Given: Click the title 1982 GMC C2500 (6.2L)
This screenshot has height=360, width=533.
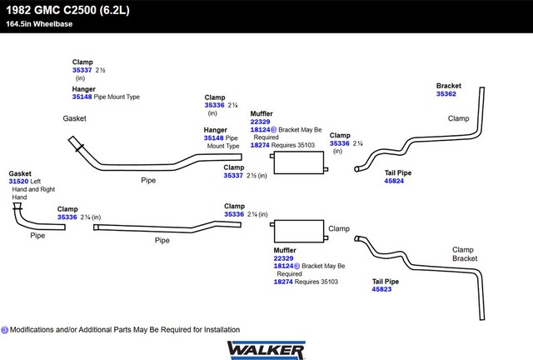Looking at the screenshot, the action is (x=67, y=10).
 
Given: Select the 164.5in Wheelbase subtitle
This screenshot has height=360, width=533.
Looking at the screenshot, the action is (x=39, y=24).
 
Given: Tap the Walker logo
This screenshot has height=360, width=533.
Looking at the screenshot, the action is (x=266, y=350).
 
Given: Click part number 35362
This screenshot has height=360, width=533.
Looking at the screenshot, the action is (x=446, y=94).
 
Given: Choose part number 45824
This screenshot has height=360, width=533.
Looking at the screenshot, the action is (x=394, y=181).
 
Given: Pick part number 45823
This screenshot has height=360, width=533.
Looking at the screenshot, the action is (x=381, y=289).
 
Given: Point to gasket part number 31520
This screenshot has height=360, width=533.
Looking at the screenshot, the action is (x=18, y=182).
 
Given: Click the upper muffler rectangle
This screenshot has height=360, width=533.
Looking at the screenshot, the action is (x=299, y=162).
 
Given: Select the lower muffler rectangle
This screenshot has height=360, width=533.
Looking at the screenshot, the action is (x=299, y=231).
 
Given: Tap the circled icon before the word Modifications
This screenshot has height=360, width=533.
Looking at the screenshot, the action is (x=5, y=330).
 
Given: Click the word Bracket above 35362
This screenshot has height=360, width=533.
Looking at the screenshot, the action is (x=449, y=86).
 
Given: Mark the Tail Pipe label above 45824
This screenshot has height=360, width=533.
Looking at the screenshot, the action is (x=398, y=172).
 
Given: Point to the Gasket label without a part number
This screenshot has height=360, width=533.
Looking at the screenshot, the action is (x=74, y=118).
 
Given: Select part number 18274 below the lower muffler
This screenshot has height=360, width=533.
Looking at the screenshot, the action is (x=283, y=282).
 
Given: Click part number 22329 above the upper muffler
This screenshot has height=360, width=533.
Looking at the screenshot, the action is (x=260, y=122).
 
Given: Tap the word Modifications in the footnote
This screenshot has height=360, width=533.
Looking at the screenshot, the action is (x=32, y=330).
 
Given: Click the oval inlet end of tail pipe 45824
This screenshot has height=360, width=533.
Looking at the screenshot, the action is (x=356, y=169).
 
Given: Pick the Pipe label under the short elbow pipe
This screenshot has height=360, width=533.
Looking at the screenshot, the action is (x=37, y=236).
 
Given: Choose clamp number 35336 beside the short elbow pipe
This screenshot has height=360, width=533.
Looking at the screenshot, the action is (x=67, y=217).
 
